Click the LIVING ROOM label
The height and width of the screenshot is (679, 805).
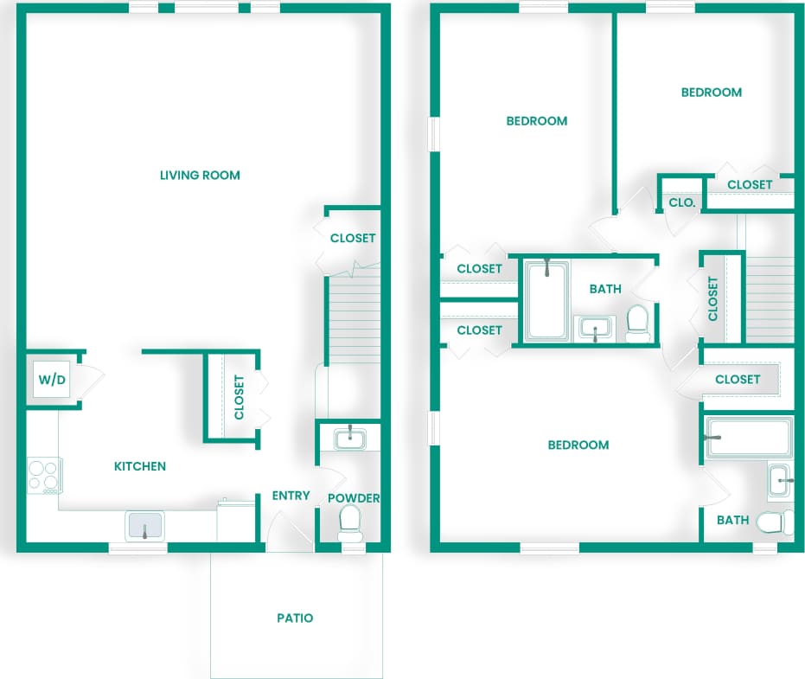200,176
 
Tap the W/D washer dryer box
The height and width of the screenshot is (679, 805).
51,379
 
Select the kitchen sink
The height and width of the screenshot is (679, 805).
145,524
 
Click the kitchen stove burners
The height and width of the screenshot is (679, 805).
43,475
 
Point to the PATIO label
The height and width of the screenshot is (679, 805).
295,618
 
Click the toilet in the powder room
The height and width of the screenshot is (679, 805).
350,520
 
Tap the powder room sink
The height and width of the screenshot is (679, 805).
349,438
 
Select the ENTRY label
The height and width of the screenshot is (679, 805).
291,496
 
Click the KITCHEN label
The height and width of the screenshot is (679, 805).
140,466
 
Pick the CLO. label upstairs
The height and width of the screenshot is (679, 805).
682,202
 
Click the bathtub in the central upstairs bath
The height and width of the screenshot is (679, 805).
546,300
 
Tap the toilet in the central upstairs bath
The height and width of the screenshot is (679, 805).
638,321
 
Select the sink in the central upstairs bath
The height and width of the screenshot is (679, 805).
595,329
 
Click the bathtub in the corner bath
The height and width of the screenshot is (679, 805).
749,437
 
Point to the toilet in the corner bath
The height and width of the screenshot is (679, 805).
775,522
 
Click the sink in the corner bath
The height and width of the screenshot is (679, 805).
781,479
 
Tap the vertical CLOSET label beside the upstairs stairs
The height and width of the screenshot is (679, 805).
712,298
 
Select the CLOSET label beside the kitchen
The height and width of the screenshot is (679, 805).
240,397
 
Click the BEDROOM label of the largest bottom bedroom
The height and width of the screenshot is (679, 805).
578,445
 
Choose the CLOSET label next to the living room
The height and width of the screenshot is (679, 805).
353,238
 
